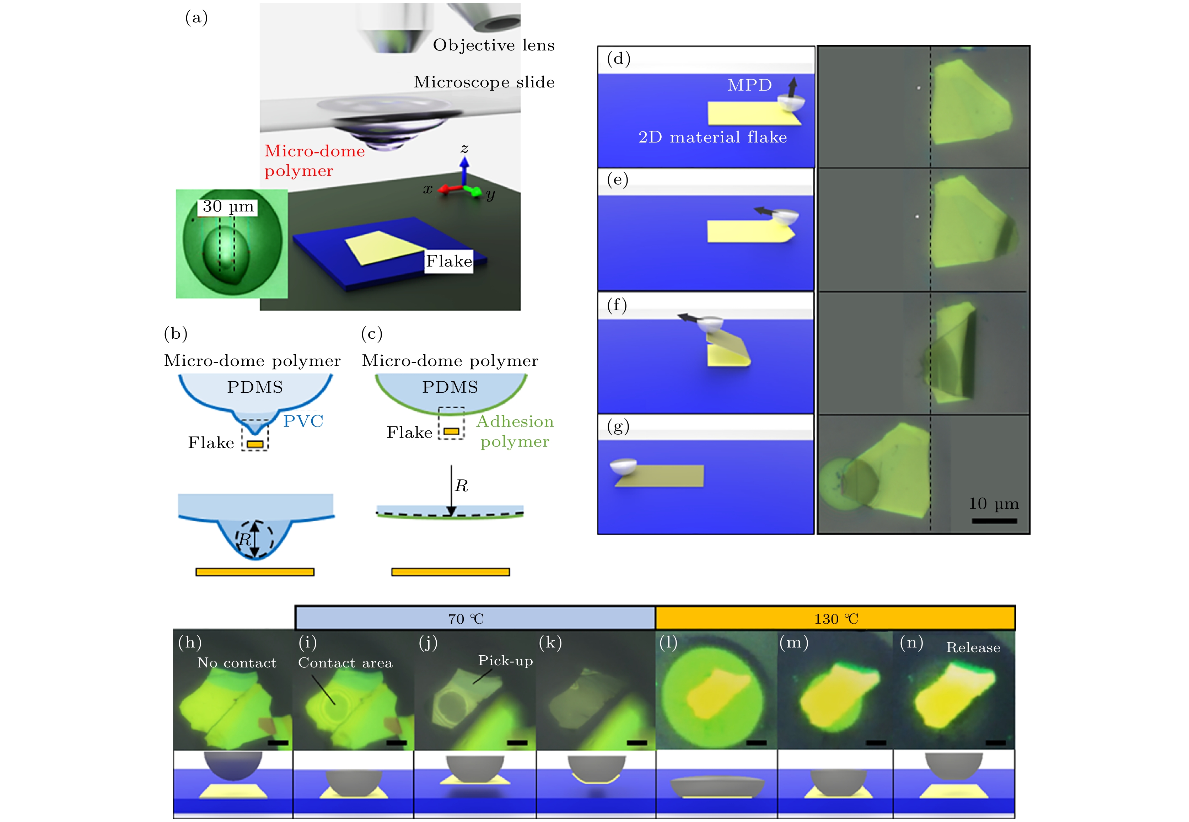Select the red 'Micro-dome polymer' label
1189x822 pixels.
[x=314, y=161]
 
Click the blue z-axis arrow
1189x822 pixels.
[x=464, y=171]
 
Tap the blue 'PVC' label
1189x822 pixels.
[x=303, y=421]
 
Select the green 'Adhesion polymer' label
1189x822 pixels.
[x=515, y=431]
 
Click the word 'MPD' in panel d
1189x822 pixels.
[x=750, y=85]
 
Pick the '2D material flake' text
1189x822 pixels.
[x=713, y=137]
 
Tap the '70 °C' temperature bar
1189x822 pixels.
[x=475, y=618]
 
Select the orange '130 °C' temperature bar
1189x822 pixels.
[x=835, y=618]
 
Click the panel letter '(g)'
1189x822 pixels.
[x=618, y=427]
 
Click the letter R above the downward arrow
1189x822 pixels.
[x=461, y=486]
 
